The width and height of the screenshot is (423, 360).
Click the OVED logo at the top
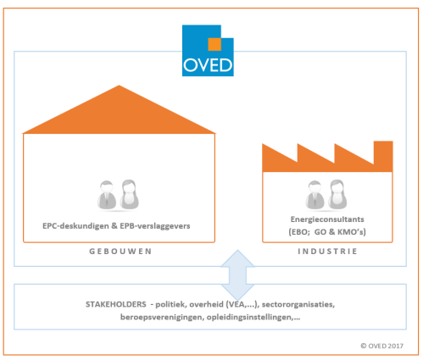click(208, 51)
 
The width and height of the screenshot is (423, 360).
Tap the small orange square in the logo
click(214, 44)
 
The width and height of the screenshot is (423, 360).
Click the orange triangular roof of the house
click(119, 109)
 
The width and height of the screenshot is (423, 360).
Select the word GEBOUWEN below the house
click(120, 252)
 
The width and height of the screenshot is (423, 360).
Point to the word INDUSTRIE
click(327, 252)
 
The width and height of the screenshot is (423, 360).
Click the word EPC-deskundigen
click(75, 226)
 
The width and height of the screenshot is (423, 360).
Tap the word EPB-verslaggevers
click(155, 226)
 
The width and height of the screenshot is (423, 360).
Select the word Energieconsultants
click(327, 219)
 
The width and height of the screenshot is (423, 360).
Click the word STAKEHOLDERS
click(116, 304)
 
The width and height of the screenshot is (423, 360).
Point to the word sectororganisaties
click(298, 305)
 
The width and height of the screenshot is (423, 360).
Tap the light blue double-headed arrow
click(237, 275)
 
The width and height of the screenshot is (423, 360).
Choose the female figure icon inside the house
click(130, 195)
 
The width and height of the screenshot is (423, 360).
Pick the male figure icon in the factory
click(314, 195)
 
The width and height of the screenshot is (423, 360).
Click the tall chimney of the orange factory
click(383, 154)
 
